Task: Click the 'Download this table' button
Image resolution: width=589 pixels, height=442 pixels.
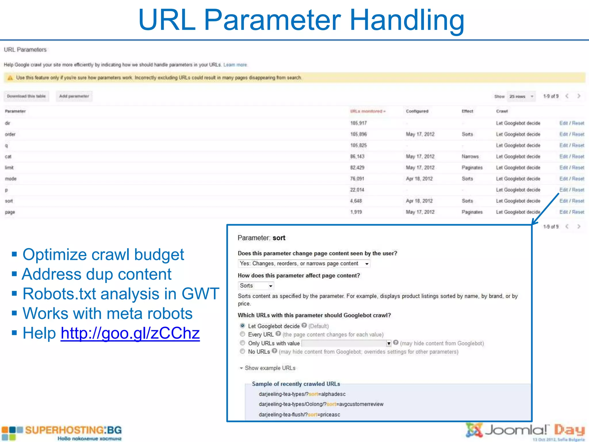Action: click(26, 96)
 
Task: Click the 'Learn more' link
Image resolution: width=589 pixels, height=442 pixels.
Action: click(235, 65)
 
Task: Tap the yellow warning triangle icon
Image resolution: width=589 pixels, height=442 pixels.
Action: click(10, 78)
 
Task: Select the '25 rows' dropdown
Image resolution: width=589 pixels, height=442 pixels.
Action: click(521, 96)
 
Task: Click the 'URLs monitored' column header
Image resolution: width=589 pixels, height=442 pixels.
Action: click(367, 111)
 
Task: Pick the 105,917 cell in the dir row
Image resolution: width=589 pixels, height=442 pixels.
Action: click(358, 123)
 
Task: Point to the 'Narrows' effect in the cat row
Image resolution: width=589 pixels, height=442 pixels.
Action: click(470, 157)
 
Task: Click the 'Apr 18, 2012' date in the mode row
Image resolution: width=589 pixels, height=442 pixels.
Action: click(419, 179)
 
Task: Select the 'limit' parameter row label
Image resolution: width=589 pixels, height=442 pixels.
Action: click(9, 167)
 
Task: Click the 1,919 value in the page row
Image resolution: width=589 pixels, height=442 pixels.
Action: click(356, 212)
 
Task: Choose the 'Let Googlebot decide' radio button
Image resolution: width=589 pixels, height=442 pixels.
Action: click(242, 326)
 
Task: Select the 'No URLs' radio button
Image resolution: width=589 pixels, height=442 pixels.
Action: click(242, 351)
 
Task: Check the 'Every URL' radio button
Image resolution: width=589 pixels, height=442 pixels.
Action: click(242, 334)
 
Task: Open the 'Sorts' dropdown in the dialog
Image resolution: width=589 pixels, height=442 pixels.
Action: click(256, 286)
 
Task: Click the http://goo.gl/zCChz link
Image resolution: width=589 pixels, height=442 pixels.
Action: click(130, 333)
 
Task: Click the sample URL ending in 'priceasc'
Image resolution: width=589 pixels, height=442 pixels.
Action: click(299, 415)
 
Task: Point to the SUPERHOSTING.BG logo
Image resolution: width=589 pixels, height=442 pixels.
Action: click(62, 433)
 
